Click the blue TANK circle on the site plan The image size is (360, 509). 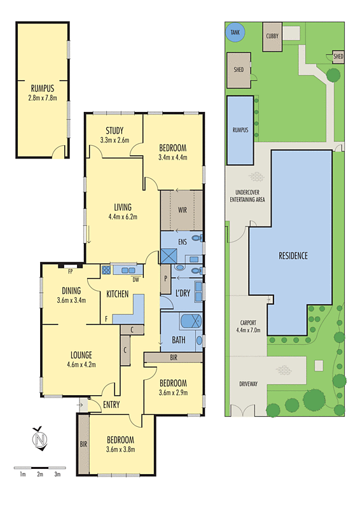pyautogui.click(x=236, y=32)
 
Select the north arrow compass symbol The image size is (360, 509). pyautogui.click(x=40, y=439)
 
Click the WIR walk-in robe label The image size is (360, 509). pyautogui.click(x=181, y=210)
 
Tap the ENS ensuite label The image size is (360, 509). pyautogui.click(x=182, y=242)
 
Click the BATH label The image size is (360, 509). pyautogui.click(x=179, y=340)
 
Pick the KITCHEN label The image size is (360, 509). pyautogui.click(x=118, y=294)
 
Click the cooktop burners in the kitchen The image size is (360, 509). pyautogui.click(x=106, y=270)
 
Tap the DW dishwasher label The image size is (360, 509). pyautogui.click(x=135, y=279)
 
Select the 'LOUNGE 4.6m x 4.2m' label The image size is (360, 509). pyautogui.click(x=81, y=359)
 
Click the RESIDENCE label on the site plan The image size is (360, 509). pyautogui.click(x=293, y=256)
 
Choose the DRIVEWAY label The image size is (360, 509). pyautogui.click(x=249, y=384)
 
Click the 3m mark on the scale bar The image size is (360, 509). pyautogui.click(x=57, y=475)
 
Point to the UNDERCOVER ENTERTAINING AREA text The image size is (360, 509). pyautogui.click(x=247, y=196)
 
